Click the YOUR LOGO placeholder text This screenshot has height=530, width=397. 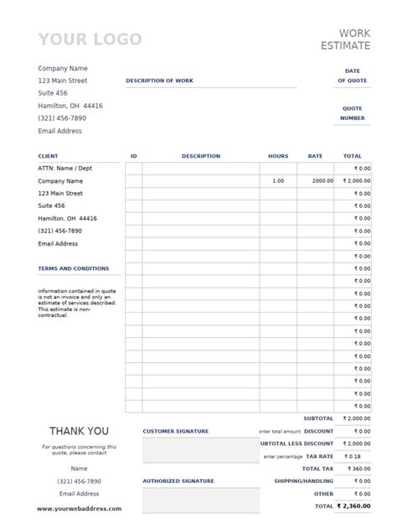coord(90,39)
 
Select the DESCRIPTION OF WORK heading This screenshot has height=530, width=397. coord(160,81)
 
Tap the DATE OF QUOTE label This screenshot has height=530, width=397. coord(352,75)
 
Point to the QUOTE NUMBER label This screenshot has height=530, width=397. coord(352,113)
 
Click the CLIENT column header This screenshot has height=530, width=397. coord(48,156)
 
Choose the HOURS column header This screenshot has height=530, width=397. coord(278,156)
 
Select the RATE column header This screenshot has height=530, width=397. coord(315,156)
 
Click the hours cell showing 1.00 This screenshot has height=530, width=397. coord(278,181)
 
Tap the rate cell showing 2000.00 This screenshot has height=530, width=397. coord(322,181)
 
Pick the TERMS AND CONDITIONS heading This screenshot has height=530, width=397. coord(74,268)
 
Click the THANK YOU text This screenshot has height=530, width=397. coord(79,431)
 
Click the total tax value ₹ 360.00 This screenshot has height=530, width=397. coord(355,469)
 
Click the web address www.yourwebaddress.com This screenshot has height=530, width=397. coord(79,508)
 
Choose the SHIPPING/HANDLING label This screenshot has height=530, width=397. coord(303,481)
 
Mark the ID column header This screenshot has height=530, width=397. coord(134,156)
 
